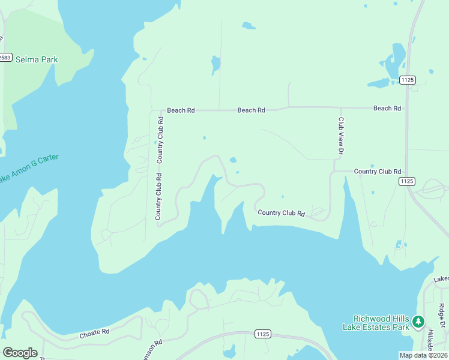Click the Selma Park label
(37, 59)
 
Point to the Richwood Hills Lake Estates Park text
(381, 323)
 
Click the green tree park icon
(418, 322)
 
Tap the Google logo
(20, 353)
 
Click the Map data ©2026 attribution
(423, 355)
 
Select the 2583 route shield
(5, 57)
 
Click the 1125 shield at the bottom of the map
(262, 334)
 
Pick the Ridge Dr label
(442, 314)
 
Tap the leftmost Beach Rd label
(181, 110)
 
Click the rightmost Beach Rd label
(387, 108)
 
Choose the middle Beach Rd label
(251, 110)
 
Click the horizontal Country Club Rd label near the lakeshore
(282, 213)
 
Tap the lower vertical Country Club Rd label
(158, 196)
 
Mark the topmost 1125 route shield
(408, 79)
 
